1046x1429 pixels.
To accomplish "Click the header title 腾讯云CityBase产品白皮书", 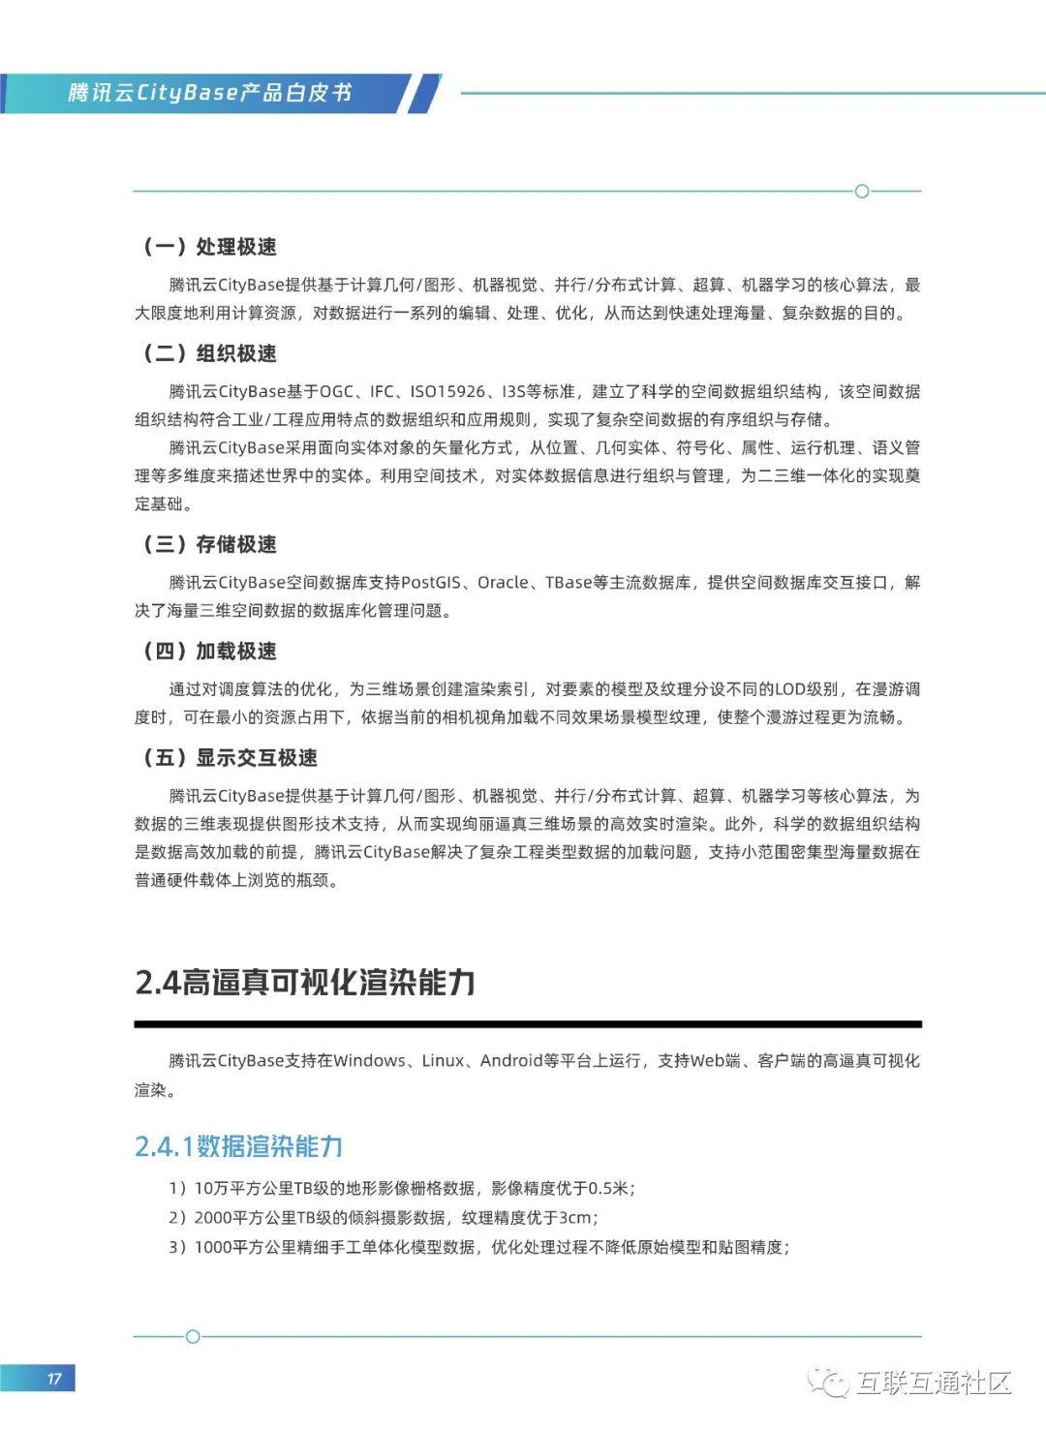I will (x=209, y=93).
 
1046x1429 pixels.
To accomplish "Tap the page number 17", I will (x=54, y=1379).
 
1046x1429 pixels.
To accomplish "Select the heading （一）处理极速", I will (x=210, y=247).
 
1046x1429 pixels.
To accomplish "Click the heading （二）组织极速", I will (x=210, y=353).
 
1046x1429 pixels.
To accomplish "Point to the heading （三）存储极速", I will (x=210, y=544).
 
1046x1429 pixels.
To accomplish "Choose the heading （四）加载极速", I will (x=210, y=651).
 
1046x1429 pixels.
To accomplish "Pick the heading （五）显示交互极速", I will (x=231, y=757).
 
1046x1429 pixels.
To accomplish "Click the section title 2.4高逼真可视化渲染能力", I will (x=305, y=982).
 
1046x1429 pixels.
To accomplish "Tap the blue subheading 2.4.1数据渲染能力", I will (x=238, y=1146).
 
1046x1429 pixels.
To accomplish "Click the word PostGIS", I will (x=431, y=583).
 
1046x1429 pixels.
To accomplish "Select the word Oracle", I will (x=503, y=583).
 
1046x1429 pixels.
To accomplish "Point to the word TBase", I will (x=569, y=583).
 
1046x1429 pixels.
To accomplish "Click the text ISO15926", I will (x=447, y=392).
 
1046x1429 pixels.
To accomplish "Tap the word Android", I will (x=511, y=1061).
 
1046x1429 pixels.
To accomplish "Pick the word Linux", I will (x=443, y=1061).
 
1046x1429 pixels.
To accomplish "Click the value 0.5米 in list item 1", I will (x=608, y=1189).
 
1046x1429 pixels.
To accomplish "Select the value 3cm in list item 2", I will (x=574, y=1218).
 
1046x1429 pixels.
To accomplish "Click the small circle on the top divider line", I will (x=862, y=191).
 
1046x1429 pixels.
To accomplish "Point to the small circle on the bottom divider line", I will (x=193, y=1337).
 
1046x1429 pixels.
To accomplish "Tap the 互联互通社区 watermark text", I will (x=934, y=1383).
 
